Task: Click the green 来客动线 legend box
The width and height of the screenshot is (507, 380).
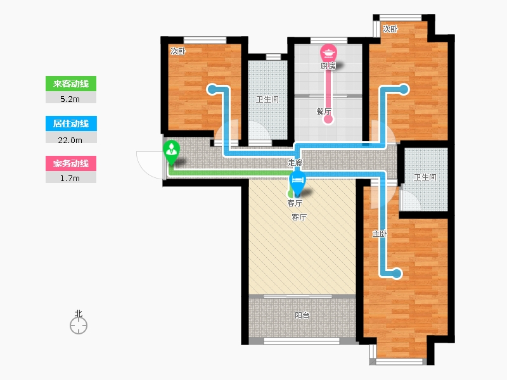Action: click(x=70, y=84)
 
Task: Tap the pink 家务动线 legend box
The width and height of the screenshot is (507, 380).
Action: click(x=70, y=163)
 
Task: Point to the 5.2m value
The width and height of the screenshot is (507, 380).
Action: click(x=70, y=98)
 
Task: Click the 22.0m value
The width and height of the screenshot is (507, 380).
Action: click(x=70, y=138)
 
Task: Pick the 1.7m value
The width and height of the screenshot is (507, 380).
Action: click(x=70, y=178)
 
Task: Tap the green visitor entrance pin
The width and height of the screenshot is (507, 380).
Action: click(x=171, y=151)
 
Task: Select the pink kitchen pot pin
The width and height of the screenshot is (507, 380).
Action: click(x=329, y=52)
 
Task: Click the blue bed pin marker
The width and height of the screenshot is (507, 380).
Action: click(x=297, y=181)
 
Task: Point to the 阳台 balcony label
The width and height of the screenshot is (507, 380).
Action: click(x=302, y=315)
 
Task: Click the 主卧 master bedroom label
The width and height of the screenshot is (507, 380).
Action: click(x=380, y=233)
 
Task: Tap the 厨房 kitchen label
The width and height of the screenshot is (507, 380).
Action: click(x=328, y=66)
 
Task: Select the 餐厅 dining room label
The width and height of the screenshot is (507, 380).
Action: click(x=324, y=111)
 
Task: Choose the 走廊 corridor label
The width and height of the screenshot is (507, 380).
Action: click(x=295, y=163)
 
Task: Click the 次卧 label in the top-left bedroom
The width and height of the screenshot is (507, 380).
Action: click(x=177, y=51)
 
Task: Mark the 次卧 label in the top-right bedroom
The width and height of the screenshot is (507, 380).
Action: click(x=391, y=28)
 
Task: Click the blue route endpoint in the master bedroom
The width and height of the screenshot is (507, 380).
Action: click(x=397, y=274)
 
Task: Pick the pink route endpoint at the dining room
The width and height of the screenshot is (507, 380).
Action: click(x=328, y=119)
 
